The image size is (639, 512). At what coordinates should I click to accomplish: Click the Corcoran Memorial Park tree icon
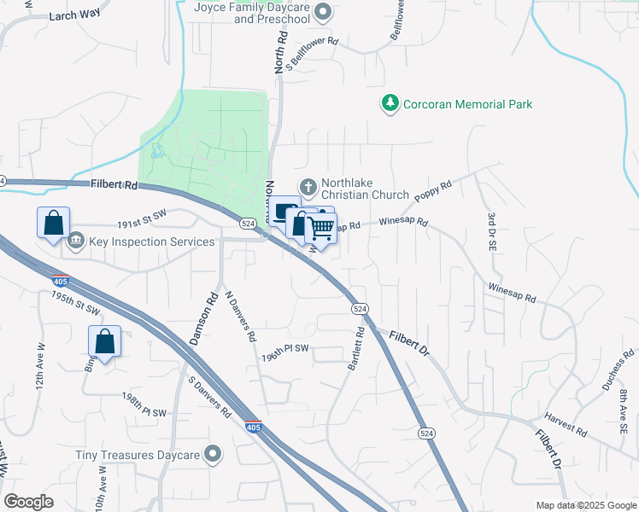point(390,104)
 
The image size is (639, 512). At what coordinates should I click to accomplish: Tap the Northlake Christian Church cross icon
point(308,186)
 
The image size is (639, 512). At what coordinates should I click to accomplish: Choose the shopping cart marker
point(322,228)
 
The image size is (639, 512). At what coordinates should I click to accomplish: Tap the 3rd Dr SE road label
point(493,231)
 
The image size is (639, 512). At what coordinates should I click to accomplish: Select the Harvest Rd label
point(566,427)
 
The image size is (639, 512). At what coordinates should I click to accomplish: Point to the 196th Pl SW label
point(284,348)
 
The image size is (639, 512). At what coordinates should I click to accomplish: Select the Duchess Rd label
point(618,369)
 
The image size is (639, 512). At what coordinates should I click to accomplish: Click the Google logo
point(28,502)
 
